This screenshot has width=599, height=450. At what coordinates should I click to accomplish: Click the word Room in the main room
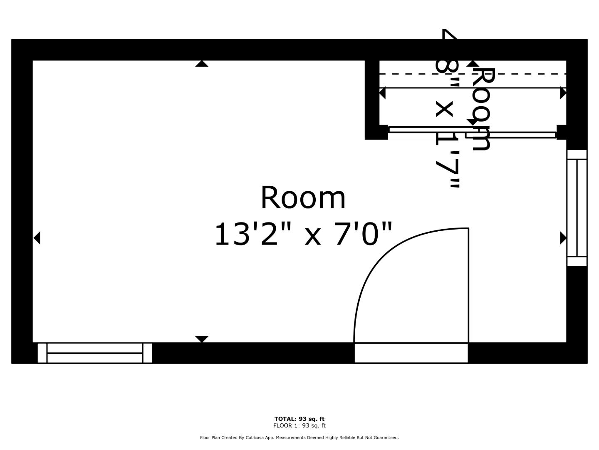(x=303, y=198)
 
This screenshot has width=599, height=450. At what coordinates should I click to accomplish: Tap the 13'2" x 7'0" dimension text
(x=303, y=234)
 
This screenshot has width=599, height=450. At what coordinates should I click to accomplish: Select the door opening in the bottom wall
(x=411, y=353)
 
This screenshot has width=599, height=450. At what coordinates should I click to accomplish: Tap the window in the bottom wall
(x=95, y=353)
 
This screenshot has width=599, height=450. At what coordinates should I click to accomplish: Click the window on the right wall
(x=577, y=207)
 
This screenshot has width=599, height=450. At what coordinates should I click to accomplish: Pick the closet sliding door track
(x=472, y=132)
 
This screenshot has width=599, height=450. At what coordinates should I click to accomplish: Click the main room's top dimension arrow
(x=202, y=64)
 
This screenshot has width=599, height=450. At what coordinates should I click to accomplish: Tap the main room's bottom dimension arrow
(x=202, y=339)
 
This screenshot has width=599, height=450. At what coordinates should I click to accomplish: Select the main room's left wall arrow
(x=37, y=238)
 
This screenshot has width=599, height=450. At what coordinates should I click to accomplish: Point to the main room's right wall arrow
(x=563, y=238)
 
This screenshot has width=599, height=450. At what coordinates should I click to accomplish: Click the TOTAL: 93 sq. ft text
(x=299, y=419)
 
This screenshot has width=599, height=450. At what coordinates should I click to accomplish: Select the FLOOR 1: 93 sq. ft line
(x=299, y=425)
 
